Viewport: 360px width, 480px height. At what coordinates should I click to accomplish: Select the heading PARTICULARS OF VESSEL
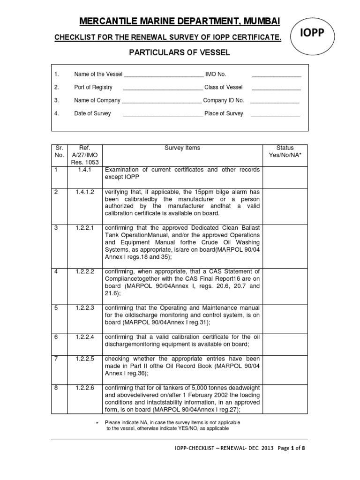[x=180, y=52]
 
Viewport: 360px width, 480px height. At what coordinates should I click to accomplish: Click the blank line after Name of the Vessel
[x=163, y=75]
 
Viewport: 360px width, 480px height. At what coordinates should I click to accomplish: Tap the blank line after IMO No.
[x=277, y=75]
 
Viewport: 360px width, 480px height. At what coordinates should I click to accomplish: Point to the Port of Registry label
[x=93, y=87]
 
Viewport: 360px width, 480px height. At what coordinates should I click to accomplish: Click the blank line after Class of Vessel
[x=276, y=88]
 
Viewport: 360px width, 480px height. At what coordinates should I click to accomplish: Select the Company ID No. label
[x=224, y=100]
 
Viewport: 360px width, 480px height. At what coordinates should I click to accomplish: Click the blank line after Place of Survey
[x=275, y=114]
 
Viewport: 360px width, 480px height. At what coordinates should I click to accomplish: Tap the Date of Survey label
[x=92, y=113]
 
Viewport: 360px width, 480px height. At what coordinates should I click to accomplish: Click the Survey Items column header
[x=182, y=148]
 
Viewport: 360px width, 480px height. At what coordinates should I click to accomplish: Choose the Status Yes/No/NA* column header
[x=285, y=152]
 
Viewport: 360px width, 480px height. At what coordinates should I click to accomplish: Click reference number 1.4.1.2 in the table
[x=86, y=192]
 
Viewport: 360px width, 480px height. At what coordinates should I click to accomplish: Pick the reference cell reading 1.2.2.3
[x=86, y=308]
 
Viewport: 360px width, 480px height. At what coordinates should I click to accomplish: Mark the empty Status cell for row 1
[x=285, y=176]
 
